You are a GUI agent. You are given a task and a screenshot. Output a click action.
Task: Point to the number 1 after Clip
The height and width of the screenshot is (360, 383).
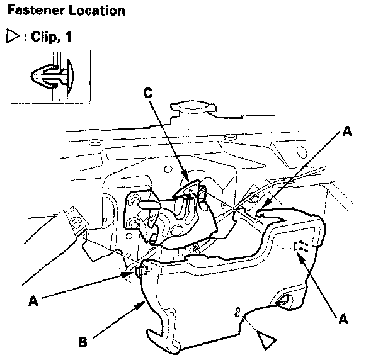click(67, 38)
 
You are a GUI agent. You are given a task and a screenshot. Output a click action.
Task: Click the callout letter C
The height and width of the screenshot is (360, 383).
click(147, 93)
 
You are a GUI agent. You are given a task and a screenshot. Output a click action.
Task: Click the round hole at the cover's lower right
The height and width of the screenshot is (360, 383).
click(288, 301)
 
